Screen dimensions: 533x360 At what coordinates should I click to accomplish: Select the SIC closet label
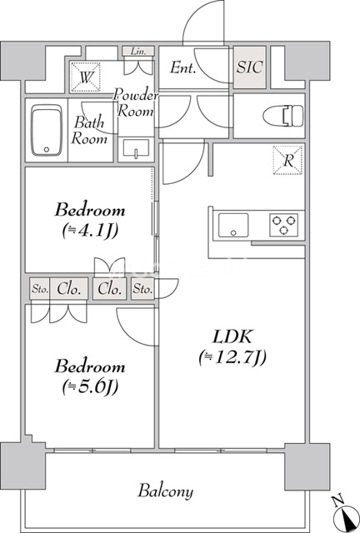(250, 68)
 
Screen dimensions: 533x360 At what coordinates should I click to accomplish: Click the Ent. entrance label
(182, 68)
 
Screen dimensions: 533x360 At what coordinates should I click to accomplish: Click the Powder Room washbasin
(135, 149)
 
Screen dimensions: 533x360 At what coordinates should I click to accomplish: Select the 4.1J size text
(90, 230)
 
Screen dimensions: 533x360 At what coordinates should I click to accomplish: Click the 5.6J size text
(90, 386)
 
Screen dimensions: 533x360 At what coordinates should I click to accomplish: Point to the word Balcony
(166, 491)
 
